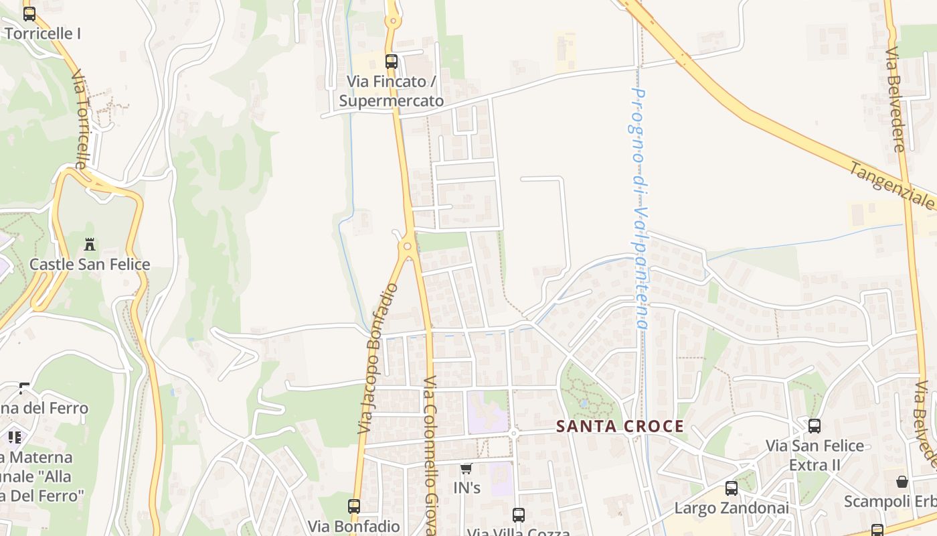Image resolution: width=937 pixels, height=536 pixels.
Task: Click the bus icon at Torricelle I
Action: (x=29, y=14)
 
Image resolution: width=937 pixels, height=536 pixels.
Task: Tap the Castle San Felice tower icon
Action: (x=90, y=245)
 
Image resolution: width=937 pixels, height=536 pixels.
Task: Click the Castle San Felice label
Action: (x=90, y=264)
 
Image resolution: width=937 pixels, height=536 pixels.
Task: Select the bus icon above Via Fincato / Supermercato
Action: (x=392, y=62)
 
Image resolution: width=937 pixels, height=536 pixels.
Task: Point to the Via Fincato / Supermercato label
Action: (x=392, y=91)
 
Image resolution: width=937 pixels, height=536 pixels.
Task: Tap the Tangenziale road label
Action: (x=892, y=186)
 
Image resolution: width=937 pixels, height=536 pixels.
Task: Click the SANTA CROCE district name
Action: (x=620, y=427)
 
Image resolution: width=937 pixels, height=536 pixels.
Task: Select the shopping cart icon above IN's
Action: (x=466, y=469)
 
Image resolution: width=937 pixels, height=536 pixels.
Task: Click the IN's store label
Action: (x=467, y=488)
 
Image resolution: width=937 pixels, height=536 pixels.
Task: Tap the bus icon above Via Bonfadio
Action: (x=354, y=507)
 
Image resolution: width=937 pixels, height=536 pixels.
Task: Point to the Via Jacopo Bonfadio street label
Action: (x=378, y=358)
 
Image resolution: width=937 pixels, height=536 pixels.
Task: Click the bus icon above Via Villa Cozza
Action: (x=519, y=515)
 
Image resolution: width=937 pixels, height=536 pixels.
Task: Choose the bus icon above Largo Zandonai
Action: (x=732, y=488)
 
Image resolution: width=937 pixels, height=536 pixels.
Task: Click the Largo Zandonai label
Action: (x=732, y=508)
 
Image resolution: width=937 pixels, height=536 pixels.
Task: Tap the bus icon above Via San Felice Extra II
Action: (x=815, y=425)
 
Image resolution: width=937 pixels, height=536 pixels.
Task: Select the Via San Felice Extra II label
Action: (x=815, y=455)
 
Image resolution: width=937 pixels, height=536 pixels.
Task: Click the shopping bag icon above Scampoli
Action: (x=902, y=482)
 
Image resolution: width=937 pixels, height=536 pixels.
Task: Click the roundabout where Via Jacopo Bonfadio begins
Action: (x=407, y=247)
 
